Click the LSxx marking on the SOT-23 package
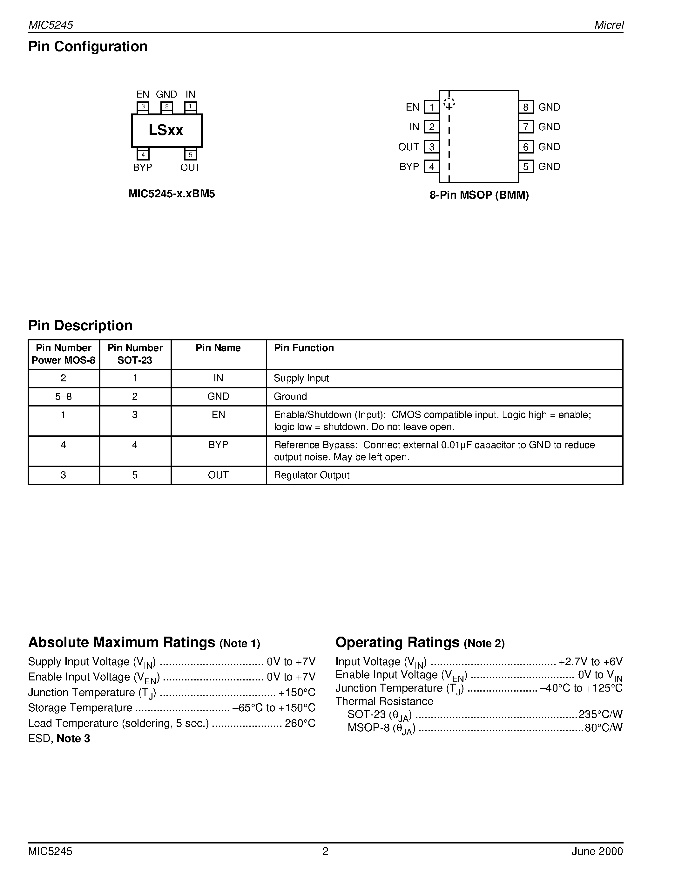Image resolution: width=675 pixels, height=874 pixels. pos(166,130)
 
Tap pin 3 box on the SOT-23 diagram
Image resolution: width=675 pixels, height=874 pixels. pos(143,107)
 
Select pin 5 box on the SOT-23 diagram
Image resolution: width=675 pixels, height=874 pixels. pos(190,154)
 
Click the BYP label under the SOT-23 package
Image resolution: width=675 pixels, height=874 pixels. pos(142,167)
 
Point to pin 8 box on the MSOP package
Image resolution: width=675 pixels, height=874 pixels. pos(526,107)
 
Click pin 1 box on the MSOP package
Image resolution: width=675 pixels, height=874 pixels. pos(431,107)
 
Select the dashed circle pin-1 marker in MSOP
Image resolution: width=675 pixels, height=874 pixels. pos(449,103)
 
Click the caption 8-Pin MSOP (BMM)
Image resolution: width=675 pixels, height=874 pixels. pos(479,195)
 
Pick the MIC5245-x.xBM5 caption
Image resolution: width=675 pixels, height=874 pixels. pos(172,194)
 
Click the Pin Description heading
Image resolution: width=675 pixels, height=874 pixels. pos(80,325)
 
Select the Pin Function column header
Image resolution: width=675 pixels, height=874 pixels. pos(303,348)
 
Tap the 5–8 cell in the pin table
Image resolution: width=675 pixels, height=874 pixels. pos(64,397)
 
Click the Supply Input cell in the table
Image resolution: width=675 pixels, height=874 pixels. pos(301,378)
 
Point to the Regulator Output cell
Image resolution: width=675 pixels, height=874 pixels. pos(312,475)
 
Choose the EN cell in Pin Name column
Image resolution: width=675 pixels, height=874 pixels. pos(218,414)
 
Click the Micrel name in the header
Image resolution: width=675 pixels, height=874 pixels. pos(609,25)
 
